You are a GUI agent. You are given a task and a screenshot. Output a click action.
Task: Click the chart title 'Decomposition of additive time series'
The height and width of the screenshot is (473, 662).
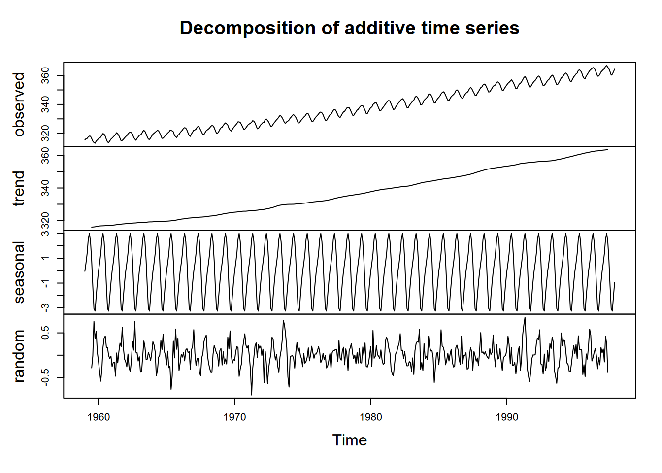[349, 28]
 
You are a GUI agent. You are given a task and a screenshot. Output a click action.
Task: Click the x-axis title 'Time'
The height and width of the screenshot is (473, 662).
[349, 440]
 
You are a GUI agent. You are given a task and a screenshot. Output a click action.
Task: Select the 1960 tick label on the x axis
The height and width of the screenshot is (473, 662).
[99, 417]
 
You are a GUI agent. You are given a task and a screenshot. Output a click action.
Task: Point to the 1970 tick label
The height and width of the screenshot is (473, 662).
[234, 417]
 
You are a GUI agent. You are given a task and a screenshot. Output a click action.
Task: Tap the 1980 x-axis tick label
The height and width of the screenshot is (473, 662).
[370, 417]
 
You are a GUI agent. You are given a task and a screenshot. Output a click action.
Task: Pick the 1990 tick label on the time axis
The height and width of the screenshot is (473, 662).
[507, 417]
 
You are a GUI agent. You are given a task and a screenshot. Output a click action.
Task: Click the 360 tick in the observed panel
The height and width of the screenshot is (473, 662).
[45, 75]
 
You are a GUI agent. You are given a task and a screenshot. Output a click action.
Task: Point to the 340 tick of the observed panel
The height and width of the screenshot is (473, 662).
[45, 104]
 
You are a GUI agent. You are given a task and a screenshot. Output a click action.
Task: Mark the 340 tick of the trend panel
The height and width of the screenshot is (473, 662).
[45, 188]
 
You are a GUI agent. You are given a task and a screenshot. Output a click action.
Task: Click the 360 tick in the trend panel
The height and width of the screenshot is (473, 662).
[45, 156]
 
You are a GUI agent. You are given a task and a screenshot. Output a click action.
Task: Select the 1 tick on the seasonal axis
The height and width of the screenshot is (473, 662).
[45, 258]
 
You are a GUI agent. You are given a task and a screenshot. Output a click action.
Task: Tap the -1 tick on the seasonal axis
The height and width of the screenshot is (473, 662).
[45, 283]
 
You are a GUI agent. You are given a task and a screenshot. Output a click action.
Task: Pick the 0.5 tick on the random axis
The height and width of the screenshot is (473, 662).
[45, 333]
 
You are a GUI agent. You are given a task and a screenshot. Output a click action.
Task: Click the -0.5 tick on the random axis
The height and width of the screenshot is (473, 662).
[45, 377]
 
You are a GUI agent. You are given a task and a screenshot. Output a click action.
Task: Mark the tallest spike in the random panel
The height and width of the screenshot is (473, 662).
[525, 317]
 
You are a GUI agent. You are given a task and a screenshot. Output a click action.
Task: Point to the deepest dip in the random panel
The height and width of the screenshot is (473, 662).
[252, 395]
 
